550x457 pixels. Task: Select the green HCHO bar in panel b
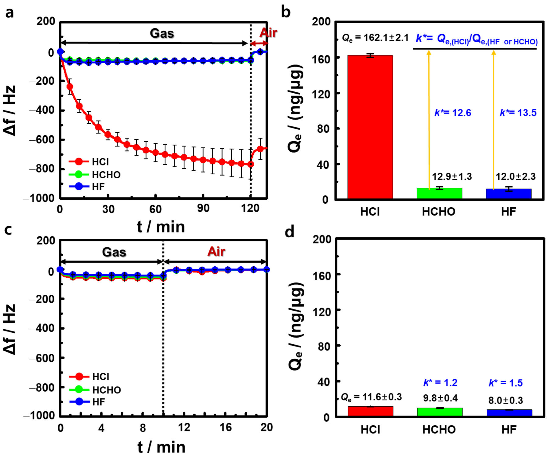click(x=439, y=193)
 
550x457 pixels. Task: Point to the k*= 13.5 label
click(x=518, y=113)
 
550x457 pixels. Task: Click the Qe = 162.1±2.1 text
click(x=375, y=38)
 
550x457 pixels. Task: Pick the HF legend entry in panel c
click(x=99, y=402)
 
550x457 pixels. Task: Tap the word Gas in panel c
click(x=114, y=252)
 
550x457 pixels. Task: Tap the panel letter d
click(x=289, y=232)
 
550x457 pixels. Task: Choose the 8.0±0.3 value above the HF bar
click(x=505, y=400)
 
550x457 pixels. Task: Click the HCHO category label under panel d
click(x=439, y=430)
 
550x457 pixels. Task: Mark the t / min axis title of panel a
click(x=161, y=227)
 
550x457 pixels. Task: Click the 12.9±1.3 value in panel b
click(x=452, y=176)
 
